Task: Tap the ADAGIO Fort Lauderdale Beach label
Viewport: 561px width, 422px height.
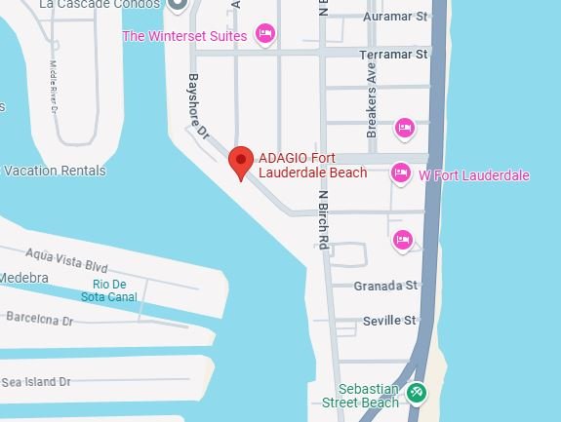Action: [x=312, y=166]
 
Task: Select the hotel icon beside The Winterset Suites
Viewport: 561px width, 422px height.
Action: [x=263, y=36]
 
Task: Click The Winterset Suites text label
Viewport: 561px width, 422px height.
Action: [x=184, y=36]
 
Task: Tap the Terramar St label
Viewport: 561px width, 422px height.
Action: [x=394, y=55]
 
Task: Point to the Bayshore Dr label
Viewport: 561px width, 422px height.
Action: [x=200, y=101]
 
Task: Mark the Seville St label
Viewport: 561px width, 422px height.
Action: [x=388, y=320]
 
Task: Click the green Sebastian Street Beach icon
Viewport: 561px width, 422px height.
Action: [x=417, y=393]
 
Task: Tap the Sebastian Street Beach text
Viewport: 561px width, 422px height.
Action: [x=361, y=395]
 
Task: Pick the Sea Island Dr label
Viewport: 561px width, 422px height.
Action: [x=37, y=382]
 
